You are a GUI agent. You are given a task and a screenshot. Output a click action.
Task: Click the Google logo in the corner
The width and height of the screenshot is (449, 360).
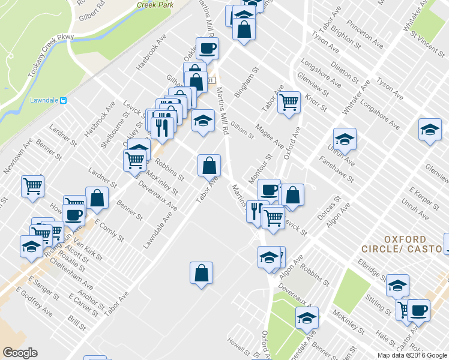click(20, 353)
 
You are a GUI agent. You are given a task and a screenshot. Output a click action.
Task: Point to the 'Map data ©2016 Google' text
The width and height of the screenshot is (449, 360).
click(412, 355)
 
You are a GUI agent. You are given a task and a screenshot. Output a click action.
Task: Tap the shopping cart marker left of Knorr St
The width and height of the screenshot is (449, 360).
click(289, 103)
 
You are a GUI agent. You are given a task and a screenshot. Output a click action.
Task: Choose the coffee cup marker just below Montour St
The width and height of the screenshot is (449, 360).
click(269, 190)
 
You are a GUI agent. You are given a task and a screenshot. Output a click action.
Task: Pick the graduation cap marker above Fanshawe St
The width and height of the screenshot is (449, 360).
click(345, 139)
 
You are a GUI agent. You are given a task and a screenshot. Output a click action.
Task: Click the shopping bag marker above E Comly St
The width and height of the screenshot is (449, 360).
click(97, 199)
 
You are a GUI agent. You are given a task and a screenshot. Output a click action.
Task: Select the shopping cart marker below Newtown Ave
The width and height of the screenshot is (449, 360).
click(32, 185)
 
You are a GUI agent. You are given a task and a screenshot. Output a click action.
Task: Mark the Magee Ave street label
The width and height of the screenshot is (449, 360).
click(269, 136)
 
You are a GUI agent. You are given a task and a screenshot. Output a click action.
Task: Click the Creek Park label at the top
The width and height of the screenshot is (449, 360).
click(155, 4)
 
